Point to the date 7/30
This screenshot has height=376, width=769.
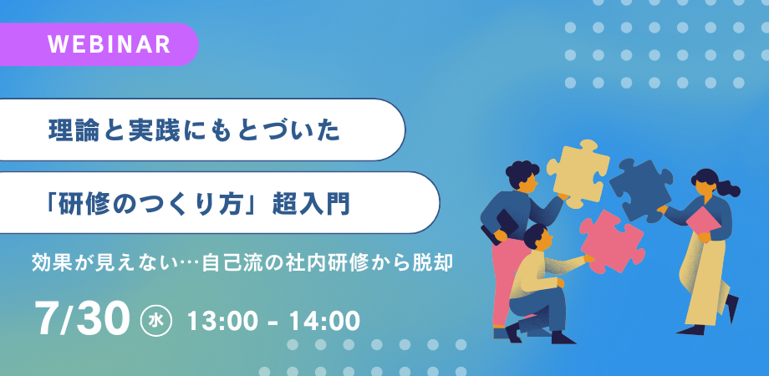pyautogui.click(x=83, y=319)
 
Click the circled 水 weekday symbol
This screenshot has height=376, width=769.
pyautogui.click(x=155, y=321)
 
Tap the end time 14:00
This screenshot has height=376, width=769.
pyautogui.click(x=324, y=321)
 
